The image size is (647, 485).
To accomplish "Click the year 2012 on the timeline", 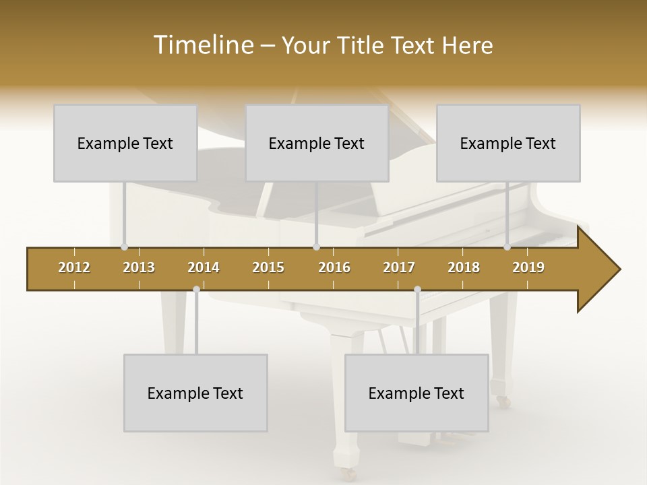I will tap(74, 267).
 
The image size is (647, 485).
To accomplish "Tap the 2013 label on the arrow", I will tap(139, 267).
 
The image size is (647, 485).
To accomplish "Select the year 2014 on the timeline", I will tap(204, 267).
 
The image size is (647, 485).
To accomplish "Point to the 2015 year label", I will tap(268, 267).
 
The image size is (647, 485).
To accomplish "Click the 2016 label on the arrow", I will tap(334, 267).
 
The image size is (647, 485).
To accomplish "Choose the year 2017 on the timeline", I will tap(399, 267).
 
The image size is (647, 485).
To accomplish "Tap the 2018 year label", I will tap(464, 267).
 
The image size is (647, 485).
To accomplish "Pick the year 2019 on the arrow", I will tap(528, 267).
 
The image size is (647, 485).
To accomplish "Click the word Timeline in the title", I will tap(202, 45).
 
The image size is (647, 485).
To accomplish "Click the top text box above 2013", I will tap(125, 143).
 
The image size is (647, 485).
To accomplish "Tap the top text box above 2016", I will tap(317, 143).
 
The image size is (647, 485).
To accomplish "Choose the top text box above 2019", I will tap(508, 143).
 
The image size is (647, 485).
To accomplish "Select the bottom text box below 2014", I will tap(195, 393).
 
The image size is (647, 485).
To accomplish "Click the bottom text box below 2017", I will tap(417, 393).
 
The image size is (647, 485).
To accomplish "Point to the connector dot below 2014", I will tap(196, 290).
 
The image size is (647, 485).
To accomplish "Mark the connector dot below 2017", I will tap(417, 290).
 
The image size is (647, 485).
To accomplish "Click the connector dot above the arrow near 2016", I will tap(316, 247).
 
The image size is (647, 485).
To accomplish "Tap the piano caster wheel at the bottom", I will tap(348, 474).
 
